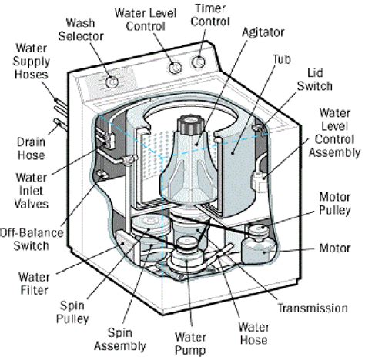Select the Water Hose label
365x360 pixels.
click(x=252, y=335)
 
